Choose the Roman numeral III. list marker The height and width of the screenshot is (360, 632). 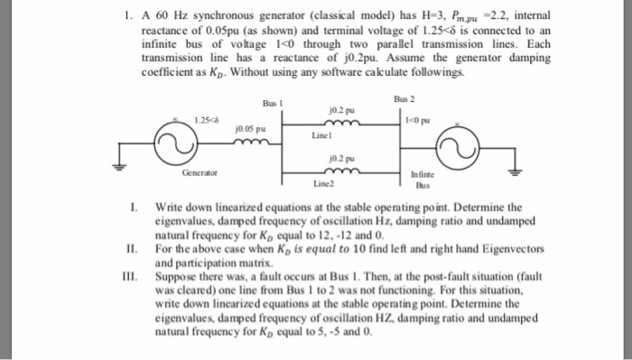pyautogui.click(x=133, y=272)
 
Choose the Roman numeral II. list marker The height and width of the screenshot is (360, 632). pyautogui.click(x=133, y=245)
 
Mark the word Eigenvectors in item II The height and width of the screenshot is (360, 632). pyautogui.click(x=476, y=245)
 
